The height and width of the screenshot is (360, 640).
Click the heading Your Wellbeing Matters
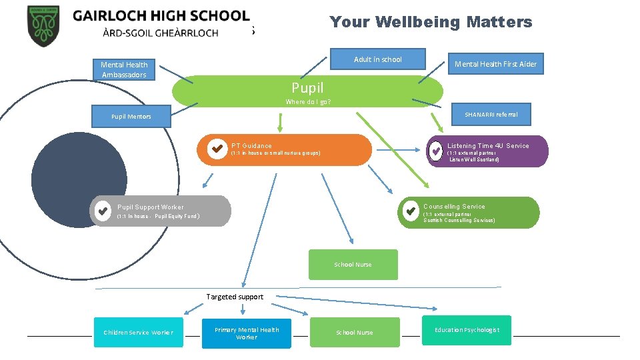[x=431, y=22]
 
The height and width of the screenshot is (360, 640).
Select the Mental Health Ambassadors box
[x=124, y=69]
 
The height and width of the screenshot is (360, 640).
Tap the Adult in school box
[x=378, y=59]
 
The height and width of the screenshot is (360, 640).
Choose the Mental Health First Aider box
[x=495, y=64]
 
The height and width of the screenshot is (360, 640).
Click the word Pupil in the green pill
[x=307, y=87]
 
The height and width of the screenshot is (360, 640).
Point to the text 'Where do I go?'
[x=308, y=102]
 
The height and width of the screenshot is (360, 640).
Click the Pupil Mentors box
[x=131, y=117]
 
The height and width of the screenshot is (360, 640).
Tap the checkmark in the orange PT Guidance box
[x=217, y=149]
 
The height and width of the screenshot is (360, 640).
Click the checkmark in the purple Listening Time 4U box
[x=435, y=151]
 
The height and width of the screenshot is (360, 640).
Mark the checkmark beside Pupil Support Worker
[x=102, y=211]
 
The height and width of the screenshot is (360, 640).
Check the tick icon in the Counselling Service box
[x=410, y=212]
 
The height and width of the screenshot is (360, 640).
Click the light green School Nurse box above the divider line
[x=353, y=265]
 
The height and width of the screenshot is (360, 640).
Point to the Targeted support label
[x=235, y=297]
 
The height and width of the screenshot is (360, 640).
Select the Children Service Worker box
[x=138, y=332]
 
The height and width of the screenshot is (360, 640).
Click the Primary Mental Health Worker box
[x=247, y=333]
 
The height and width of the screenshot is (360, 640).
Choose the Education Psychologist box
[x=466, y=330]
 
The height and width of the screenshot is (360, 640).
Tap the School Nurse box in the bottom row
[x=355, y=332]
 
